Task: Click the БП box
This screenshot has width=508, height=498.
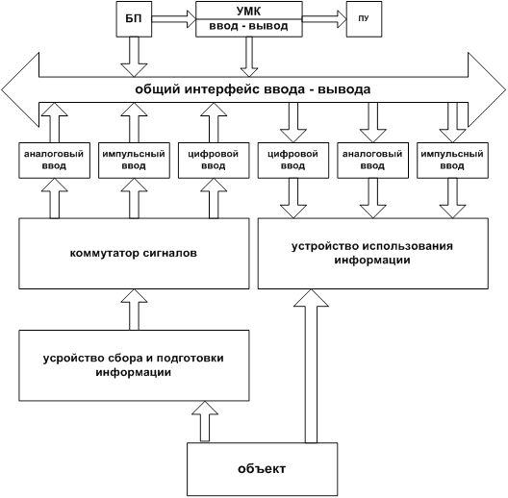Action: [134, 19]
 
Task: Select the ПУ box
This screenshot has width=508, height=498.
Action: [364, 19]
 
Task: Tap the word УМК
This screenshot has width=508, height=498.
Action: [249, 12]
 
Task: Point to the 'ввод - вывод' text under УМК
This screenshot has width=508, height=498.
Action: [248, 26]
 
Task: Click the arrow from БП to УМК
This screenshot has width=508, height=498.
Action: [174, 19]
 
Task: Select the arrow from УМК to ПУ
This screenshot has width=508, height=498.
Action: [324, 19]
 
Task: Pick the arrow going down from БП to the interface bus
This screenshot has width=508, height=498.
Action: [134, 57]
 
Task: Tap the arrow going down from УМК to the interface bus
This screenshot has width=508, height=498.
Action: [249, 57]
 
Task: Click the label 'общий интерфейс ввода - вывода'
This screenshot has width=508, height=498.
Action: [253, 89]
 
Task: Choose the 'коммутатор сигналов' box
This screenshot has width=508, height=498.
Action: [134, 254]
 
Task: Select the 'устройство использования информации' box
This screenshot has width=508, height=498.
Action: [373, 254]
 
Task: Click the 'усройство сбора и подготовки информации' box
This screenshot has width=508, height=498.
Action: [134, 365]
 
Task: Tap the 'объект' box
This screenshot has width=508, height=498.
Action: [263, 469]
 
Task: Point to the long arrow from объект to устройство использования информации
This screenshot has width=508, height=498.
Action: [311, 366]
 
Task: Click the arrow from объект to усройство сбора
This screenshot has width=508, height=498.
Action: [205, 421]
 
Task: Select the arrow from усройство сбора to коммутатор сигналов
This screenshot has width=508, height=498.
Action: [134, 310]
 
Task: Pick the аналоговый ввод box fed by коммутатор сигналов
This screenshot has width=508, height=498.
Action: [55, 161]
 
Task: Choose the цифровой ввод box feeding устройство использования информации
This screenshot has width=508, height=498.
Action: [293, 161]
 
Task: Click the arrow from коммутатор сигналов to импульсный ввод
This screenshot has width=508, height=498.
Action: [134, 198]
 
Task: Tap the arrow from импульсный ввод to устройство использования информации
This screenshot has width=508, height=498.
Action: [452, 198]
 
